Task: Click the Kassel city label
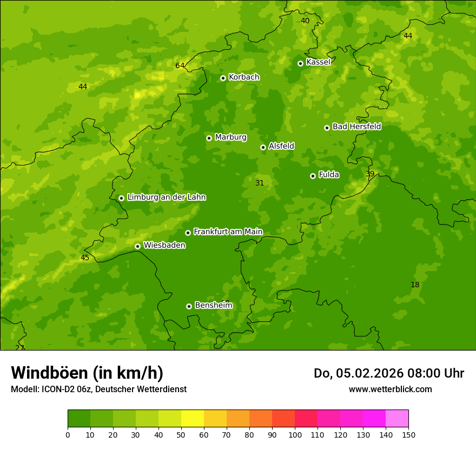[x=318, y=62]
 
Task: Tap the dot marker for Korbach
[x=223, y=78]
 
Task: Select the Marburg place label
[x=230, y=137]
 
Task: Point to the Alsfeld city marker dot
[x=263, y=147]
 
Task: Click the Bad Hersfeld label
[x=356, y=127]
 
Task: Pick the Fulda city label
[x=329, y=175]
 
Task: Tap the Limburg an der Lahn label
[x=166, y=197]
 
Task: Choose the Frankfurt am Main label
[x=228, y=232]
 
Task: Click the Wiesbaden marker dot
[x=137, y=246]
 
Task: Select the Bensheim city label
[x=213, y=306]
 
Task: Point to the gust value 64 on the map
[x=180, y=66]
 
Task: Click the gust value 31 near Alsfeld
[x=260, y=183]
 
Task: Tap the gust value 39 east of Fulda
[x=370, y=174]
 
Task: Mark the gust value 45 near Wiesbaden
[x=85, y=258]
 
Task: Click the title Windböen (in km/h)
[x=87, y=373]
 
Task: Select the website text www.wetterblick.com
[x=390, y=389]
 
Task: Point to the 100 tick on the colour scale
[x=295, y=434]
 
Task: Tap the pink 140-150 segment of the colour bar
[x=397, y=419]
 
